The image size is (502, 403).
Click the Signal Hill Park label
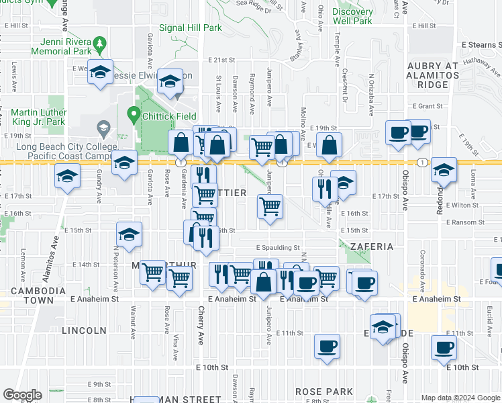(x=190, y=28)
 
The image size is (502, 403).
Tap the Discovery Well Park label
(x=352, y=17)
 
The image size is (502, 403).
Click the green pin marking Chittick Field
(x=134, y=115)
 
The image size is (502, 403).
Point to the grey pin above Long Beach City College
(x=103, y=126)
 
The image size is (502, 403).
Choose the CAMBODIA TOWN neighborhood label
(x=38, y=296)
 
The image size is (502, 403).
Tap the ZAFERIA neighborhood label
(x=371, y=247)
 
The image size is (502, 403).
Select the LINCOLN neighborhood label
(x=84, y=330)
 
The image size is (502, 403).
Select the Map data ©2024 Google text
(x=460, y=398)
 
